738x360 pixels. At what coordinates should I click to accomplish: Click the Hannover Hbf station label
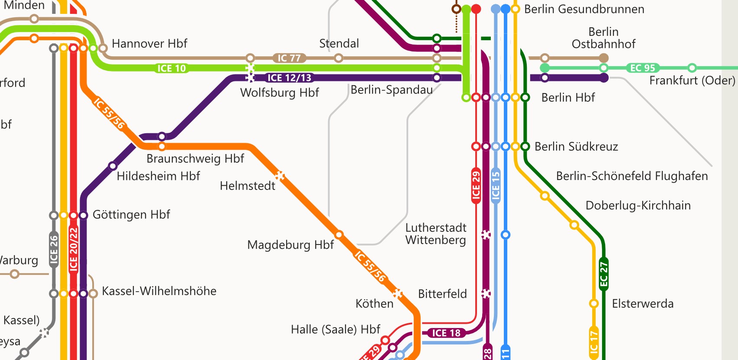[149, 44]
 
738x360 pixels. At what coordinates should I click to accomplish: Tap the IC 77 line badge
[289, 58]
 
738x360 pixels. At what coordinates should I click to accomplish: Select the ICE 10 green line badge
[171, 68]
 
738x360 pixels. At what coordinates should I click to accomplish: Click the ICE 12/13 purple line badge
[289, 78]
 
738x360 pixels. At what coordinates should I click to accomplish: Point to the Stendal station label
[339, 44]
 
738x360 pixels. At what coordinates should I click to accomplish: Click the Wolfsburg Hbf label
[280, 93]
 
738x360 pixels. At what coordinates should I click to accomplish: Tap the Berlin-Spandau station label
[391, 90]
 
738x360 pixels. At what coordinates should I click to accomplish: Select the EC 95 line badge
[642, 68]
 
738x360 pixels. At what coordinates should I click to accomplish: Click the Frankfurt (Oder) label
[692, 80]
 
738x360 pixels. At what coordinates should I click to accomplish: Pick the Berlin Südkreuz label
[576, 147]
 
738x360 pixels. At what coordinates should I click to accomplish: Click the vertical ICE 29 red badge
[476, 185]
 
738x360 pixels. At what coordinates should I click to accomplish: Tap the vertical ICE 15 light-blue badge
[496, 185]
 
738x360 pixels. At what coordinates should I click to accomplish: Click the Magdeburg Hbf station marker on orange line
[339, 235]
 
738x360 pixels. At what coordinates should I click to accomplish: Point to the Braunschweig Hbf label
[195, 159]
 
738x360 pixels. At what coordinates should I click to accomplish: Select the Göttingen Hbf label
[131, 215]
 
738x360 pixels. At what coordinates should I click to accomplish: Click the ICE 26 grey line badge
[54, 250]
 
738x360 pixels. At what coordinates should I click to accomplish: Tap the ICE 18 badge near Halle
[446, 333]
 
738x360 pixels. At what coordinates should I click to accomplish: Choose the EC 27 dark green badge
[604, 274]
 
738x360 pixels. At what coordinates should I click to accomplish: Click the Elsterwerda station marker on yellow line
[594, 304]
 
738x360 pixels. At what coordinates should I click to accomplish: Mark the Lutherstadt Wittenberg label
[435, 234]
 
